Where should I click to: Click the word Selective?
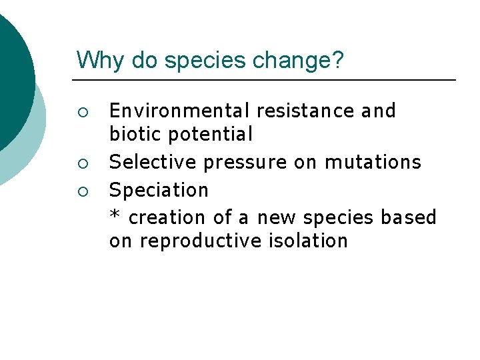[x=153, y=162]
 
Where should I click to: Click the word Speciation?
[x=159, y=190]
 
